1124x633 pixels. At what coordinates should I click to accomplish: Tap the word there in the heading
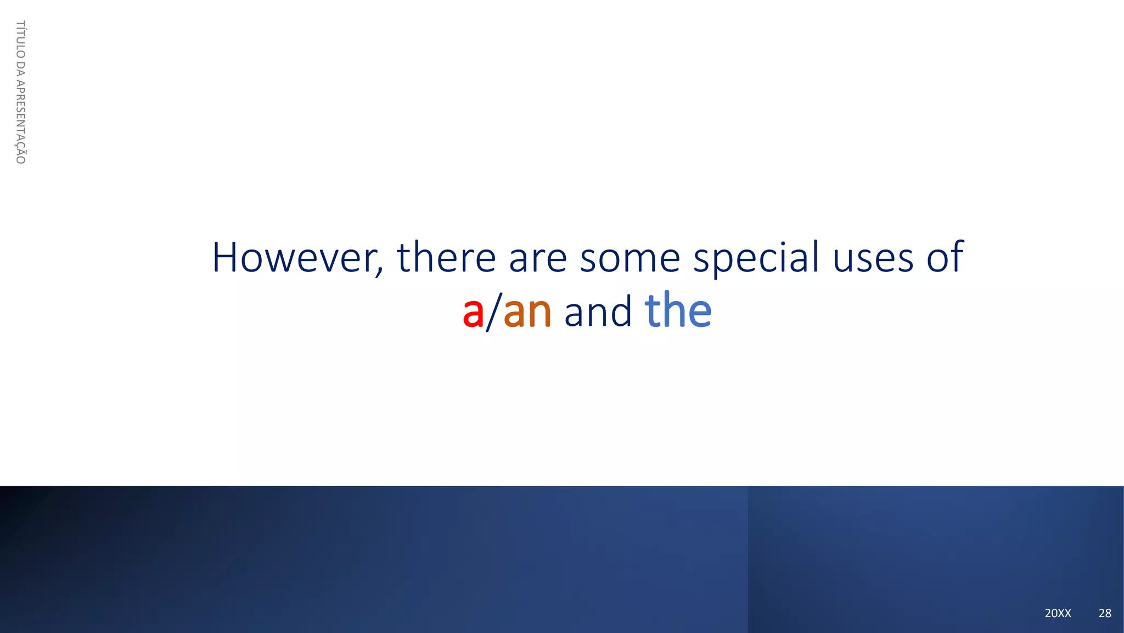pyautogui.click(x=446, y=258)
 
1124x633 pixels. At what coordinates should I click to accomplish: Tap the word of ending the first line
pyautogui.click(x=945, y=258)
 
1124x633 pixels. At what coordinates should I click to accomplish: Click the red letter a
pyautogui.click(x=473, y=313)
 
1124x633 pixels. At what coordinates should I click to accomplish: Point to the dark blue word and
pyautogui.click(x=598, y=312)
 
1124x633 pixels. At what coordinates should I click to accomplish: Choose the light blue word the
pyautogui.click(x=678, y=311)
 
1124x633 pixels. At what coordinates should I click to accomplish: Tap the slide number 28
pyautogui.click(x=1105, y=613)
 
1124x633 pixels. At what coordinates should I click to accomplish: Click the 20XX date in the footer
pyautogui.click(x=1058, y=613)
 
